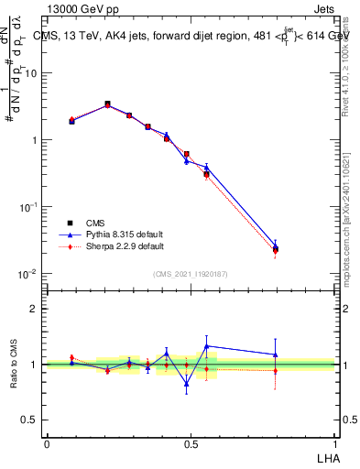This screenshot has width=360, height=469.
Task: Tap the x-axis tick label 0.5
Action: (191, 442)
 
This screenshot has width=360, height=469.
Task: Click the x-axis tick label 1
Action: (333, 442)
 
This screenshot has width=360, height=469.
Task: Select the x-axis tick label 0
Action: (47, 442)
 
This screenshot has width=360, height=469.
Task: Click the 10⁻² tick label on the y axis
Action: (29, 274)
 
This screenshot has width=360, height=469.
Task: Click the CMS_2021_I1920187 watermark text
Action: (191, 274)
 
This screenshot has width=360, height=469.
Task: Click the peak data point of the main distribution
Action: (107, 104)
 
